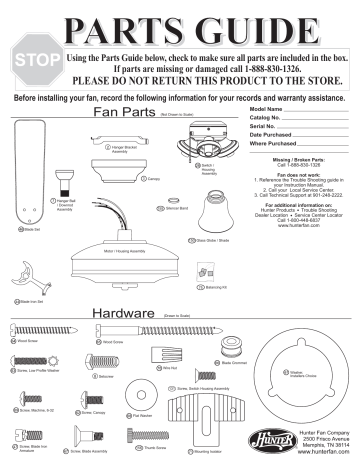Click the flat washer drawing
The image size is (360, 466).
click(156, 389)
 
